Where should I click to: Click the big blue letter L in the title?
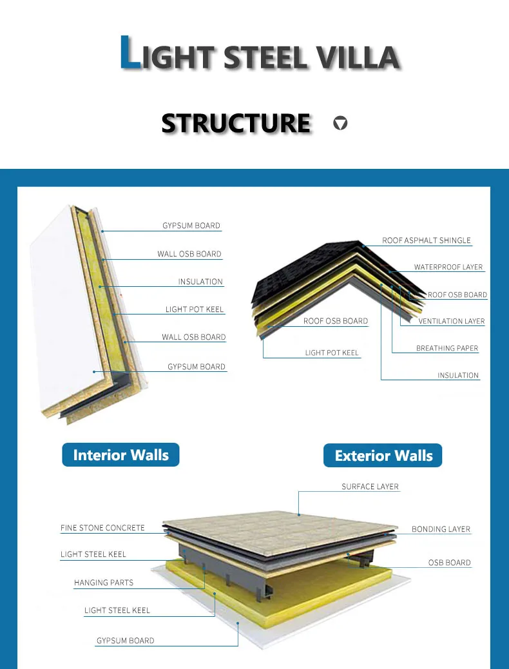[x=131, y=53]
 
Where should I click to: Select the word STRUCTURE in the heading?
[x=236, y=123]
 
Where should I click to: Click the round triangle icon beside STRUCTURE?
[x=340, y=122]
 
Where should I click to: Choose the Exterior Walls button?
[x=383, y=456]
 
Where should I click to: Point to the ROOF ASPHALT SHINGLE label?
[x=427, y=240]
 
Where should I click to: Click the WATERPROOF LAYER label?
[x=448, y=267]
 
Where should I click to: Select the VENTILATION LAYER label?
[x=451, y=321]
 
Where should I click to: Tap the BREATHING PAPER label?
[x=447, y=348]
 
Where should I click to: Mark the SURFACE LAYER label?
[x=370, y=487]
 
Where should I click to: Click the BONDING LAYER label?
[x=441, y=529]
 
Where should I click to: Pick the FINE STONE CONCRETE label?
[x=102, y=528]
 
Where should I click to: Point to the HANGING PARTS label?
[x=104, y=583]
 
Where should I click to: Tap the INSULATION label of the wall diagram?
[x=200, y=282]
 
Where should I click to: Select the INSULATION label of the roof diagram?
[x=458, y=375]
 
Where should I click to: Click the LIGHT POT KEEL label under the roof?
[x=332, y=353]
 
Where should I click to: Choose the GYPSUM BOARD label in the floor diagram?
[x=125, y=641]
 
